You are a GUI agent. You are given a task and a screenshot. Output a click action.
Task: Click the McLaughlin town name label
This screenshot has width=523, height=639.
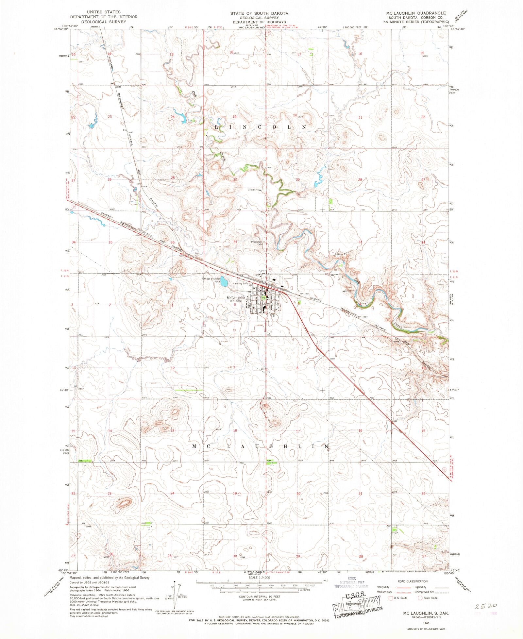tap(236, 298)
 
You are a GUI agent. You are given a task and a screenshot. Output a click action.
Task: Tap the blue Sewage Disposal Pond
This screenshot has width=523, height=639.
tap(224, 281)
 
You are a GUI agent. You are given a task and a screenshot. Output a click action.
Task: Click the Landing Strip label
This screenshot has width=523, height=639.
tap(241, 283)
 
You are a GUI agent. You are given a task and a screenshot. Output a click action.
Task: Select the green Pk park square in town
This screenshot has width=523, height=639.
tap(263, 297)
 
